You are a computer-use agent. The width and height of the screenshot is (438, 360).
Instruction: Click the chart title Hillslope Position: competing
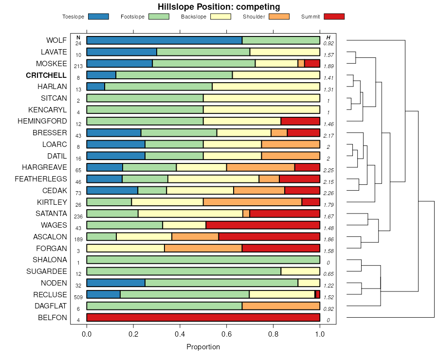(x=219, y=7)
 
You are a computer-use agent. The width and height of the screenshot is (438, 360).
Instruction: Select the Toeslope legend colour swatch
(x=98, y=17)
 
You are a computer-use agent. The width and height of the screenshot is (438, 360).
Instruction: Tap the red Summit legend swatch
(x=334, y=17)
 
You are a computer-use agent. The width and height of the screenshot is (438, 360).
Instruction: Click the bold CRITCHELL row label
(x=46, y=75)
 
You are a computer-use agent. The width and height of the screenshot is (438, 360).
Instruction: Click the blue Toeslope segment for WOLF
(x=164, y=40)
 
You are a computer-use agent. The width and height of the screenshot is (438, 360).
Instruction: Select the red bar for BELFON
(x=203, y=318)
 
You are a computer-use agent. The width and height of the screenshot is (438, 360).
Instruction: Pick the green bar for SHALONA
(x=203, y=260)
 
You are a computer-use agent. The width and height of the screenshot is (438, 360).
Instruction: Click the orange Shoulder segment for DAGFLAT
(x=281, y=306)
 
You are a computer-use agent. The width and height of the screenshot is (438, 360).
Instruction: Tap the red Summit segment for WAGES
(x=263, y=225)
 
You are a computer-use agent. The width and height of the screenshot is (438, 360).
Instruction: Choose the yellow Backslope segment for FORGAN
(x=126, y=248)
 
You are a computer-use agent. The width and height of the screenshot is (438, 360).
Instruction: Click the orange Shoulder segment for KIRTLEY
(x=253, y=202)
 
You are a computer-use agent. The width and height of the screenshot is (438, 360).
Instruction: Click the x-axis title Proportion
(x=203, y=347)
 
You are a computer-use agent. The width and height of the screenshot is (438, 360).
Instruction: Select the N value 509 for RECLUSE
(x=78, y=297)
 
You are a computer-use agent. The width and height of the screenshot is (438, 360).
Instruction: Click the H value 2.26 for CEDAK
(x=328, y=193)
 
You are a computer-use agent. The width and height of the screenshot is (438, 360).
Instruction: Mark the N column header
(x=78, y=37)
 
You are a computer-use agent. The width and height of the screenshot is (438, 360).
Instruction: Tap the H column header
(x=328, y=37)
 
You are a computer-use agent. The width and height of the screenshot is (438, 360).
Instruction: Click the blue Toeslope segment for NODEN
(x=116, y=283)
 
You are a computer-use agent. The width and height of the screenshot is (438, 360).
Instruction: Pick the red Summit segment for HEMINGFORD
(x=300, y=121)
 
